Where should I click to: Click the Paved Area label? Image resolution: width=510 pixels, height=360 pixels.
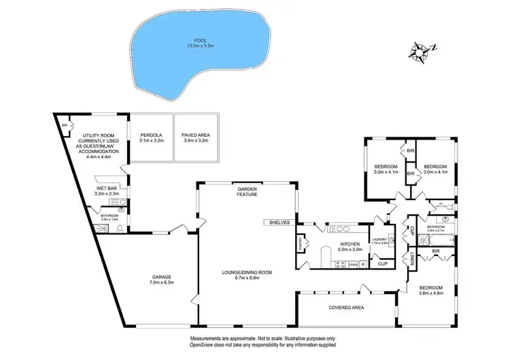coord(196,135)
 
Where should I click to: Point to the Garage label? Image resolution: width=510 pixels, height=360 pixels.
coord(162,277)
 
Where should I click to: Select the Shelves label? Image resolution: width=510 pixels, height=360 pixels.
coord(279,223)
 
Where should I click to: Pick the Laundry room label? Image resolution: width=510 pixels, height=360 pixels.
coord(380,238)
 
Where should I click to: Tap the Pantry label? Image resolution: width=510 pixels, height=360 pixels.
coord(300,242)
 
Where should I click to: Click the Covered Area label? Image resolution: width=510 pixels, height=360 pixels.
coord(347,308)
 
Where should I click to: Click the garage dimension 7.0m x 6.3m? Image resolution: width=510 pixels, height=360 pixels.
coord(162,283)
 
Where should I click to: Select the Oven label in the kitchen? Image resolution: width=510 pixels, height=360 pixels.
coord(353,263)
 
